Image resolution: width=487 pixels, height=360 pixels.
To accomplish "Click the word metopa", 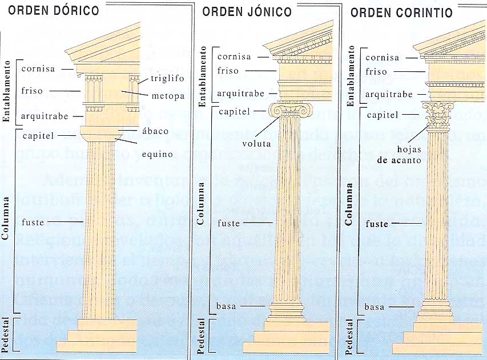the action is point(168,95).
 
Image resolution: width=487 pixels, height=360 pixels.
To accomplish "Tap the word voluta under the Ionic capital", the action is point(256,144).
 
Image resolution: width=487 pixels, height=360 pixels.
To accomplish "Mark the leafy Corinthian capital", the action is point(438,115).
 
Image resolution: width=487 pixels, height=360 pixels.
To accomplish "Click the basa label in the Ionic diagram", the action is point(226,306).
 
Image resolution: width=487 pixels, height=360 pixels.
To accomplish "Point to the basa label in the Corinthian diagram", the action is point(374,308).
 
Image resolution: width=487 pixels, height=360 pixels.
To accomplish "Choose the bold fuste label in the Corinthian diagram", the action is point(377,224).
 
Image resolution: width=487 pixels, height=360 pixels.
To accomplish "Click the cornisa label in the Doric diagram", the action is point(38,69).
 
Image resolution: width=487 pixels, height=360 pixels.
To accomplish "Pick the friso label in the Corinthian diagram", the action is point(376,72).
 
